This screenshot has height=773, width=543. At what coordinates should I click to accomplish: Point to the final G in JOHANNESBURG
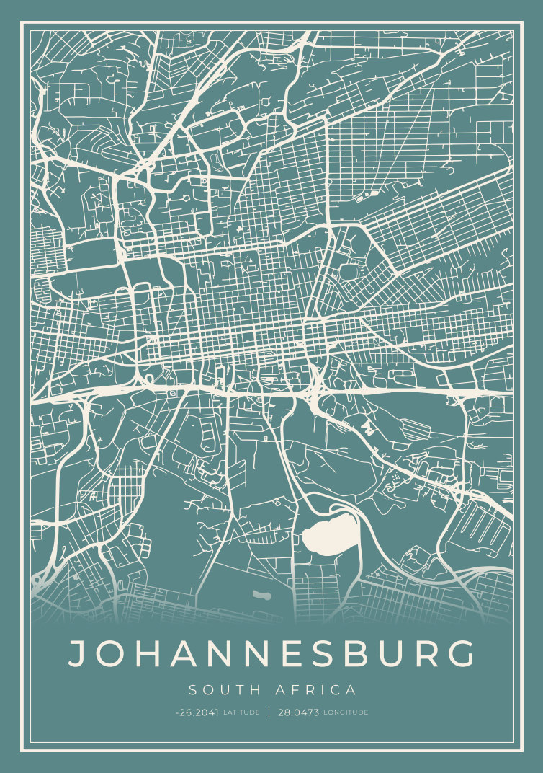460,653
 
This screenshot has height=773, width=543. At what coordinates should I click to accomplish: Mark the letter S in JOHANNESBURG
331,653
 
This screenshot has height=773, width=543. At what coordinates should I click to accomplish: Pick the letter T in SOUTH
241,690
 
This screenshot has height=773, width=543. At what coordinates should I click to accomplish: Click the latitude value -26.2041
197,712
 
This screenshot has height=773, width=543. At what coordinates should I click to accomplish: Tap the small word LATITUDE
241,712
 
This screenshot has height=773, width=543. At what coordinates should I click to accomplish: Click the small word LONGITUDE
346,712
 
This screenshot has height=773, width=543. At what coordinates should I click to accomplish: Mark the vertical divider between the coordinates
269,712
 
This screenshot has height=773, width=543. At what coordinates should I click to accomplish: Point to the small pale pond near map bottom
261,596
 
